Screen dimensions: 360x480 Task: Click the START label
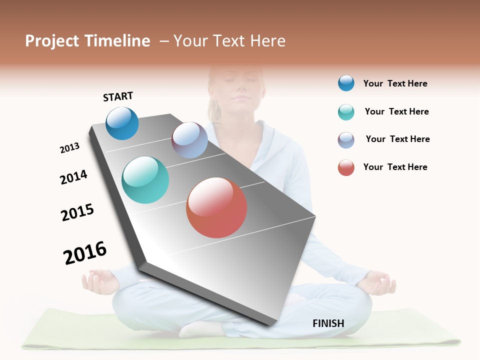tap(118, 96)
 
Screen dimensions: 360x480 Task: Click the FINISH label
tap(328, 323)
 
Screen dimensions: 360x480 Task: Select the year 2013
tap(69, 148)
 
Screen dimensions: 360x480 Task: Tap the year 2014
tap(73, 177)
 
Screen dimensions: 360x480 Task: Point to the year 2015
tap(77, 212)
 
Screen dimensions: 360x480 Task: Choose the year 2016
tap(85, 252)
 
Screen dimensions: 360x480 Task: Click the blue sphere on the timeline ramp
tap(122, 123)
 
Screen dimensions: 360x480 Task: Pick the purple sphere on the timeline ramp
tap(189, 140)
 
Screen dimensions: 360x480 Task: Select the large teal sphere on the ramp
tap(145, 180)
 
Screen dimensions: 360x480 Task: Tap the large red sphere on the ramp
tap(216, 207)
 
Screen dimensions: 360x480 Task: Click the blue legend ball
tap(346, 83)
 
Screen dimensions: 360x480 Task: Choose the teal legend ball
tap(346, 112)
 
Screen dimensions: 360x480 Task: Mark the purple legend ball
tap(346, 140)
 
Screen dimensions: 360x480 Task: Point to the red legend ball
tap(346, 167)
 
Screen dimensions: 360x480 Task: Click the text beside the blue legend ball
tap(395, 83)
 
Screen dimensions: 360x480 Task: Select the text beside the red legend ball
tap(395, 167)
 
